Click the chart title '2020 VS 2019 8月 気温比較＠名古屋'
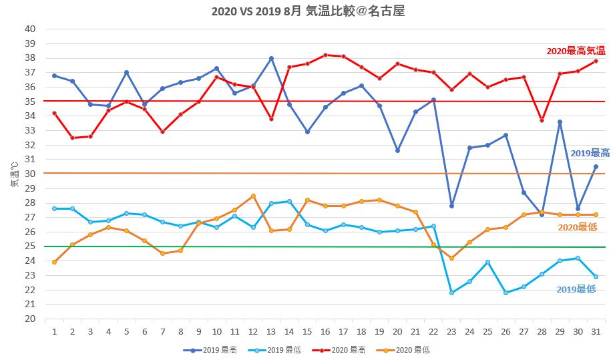[x=307, y=11]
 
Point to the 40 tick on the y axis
[x=30, y=29]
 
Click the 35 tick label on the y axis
[x=30, y=102]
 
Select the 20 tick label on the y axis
[x=30, y=319]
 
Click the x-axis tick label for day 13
[x=271, y=331]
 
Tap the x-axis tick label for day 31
[x=596, y=331]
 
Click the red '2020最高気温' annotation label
[x=576, y=51]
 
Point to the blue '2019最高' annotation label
[x=590, y=153]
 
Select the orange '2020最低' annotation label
[x=577, y=227]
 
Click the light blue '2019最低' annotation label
[x=576, y=289]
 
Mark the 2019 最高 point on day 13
[x=271, y=58]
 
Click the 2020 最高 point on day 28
[x=542, y=120]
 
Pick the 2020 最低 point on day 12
[x=253, y=196]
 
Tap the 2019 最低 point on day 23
[x=451, y=293]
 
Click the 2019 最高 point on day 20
[x=397, y=150]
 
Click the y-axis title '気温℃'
[x=14, y=174]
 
